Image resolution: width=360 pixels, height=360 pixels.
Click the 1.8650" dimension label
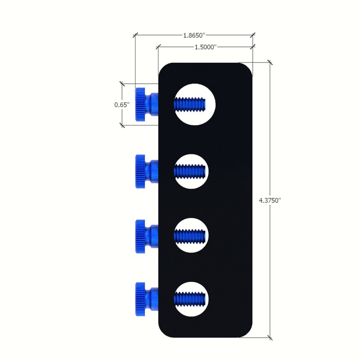click(x=194, y=34)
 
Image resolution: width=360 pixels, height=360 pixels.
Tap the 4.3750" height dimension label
click(x=270, y=201)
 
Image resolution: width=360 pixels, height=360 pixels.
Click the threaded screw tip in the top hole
click(x=189, y=104)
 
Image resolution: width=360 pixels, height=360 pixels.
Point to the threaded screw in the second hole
click(x=189, y=171)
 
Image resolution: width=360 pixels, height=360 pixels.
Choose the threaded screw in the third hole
click(x=189, y=235)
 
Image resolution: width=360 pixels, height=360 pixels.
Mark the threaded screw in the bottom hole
click(x=189, y=298)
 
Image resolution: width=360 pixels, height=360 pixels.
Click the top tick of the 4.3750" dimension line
click(x=270, y=63)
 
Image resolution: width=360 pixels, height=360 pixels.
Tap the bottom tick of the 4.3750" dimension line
click(x=270, y=337)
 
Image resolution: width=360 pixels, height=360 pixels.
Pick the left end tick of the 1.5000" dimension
click(x=158, y=46)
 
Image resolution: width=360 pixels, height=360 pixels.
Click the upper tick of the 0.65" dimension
click(x=121, y=83)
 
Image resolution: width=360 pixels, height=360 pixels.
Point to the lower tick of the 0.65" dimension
click(x=121, y=126)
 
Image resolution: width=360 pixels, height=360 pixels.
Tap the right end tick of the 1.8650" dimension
click(x=253, y=34)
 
